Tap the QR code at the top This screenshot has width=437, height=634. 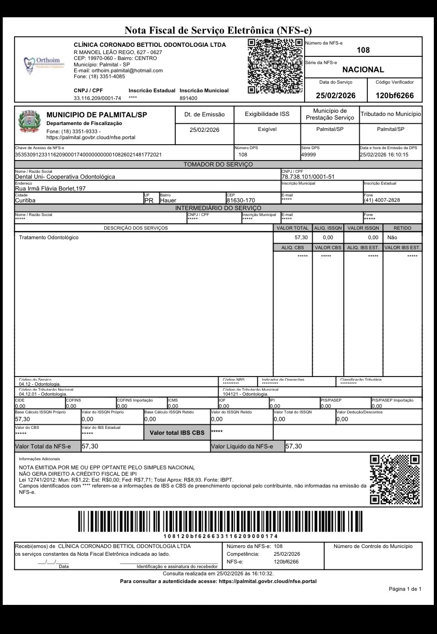pos(275,66)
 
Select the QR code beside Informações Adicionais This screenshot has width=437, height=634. pos(395,480)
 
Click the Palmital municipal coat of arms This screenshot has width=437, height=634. pos(29,123)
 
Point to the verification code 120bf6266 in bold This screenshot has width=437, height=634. pos(395,96)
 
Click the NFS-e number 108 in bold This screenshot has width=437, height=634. pos(363,50)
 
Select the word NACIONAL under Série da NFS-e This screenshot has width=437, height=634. pos(363,70)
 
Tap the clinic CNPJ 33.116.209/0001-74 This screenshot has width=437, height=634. pos(97,98)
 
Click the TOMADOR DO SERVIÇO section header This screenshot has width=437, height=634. pos(218,164)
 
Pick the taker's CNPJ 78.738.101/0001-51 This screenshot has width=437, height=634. pos(308,176)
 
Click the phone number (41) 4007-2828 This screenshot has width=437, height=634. pos(381,200)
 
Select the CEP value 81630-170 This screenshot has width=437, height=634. pos(240,200)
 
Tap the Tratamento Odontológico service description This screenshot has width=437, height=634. pos(49,237)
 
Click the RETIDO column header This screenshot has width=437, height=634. pos(402,228)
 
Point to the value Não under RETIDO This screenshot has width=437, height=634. pos(392,237)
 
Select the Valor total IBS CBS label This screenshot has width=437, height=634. pos(177,433)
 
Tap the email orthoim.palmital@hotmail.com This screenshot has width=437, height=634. pos(127,70)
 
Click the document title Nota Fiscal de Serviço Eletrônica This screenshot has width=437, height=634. pos(218,30)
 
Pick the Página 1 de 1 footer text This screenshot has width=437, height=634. pos(405,589)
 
